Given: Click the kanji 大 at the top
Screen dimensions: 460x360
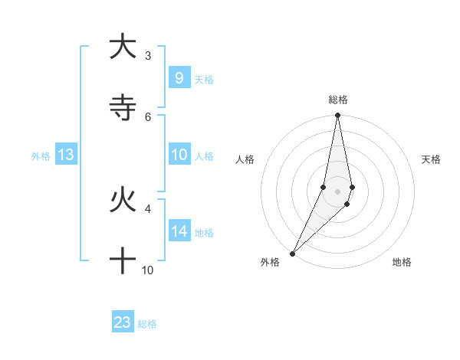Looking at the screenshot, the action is [x=123, y=47].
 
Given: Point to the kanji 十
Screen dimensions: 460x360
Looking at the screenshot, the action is [x=123, y=260].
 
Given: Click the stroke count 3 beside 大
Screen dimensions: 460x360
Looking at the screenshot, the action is [x=148, y=56].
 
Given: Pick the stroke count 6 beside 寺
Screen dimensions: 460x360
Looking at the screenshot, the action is [x=148, y=116].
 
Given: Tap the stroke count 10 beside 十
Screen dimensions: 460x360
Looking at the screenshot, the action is [x=148, y=270].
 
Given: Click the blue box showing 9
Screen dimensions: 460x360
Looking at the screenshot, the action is [x=179, y=78].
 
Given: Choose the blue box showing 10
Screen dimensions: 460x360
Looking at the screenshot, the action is [x=179, y=155].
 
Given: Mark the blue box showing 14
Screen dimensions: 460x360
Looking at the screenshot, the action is [x=179, y=231].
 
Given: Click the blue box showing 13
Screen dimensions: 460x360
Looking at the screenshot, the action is [x=66, y=155].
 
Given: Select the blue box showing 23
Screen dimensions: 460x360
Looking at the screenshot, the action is [x=123, y=322].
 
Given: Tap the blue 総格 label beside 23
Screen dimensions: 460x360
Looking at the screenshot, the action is [x=147, y=324].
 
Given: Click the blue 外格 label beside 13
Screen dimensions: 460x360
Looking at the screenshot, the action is [x=41, y=156].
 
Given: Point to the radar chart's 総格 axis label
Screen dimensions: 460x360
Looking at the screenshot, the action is [x=338, y=100].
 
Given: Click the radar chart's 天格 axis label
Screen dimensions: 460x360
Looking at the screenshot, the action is [x=431, y=159].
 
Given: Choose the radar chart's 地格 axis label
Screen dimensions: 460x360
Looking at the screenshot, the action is [x=402, y=263].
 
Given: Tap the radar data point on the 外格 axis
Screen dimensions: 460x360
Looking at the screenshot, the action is [x=293, y=253].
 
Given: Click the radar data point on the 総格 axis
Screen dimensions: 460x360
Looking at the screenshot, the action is [x=338, y=116].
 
